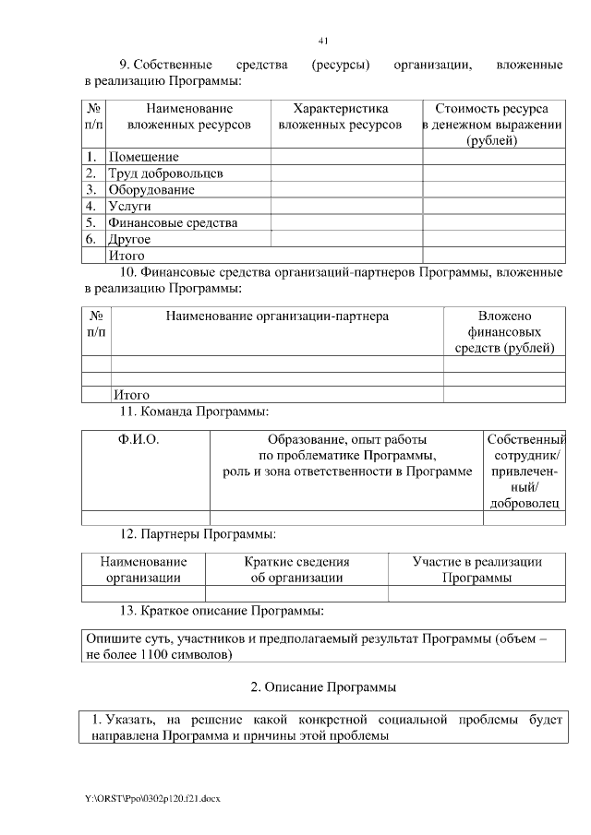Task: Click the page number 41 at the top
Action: coord(323,41)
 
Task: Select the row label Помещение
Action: coord(143,157)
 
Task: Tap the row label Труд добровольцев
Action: coord(165,173)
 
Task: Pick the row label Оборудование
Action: coord(151,190)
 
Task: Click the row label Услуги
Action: coord(129,207)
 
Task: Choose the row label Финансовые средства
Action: coord(173,223)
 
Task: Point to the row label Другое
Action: coord(129,240)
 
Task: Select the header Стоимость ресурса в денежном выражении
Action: coord(492,125)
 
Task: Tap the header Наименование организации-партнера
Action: coord(277,316)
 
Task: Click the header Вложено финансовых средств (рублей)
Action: coord(504,332)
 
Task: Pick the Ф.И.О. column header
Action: coord(139,440)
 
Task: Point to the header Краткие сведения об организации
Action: coord(296,569)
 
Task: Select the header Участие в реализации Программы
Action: coord(476,569)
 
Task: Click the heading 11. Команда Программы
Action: coord(195,411)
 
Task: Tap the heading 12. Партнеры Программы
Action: coord(198,533)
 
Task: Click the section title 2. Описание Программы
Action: coord(323,687)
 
